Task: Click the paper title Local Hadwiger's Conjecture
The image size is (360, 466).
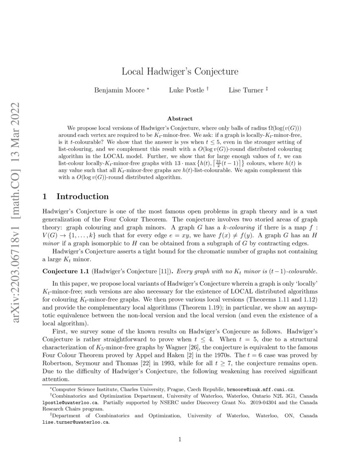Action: pos(180,71)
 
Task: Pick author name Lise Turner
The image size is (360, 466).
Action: pos(246,90)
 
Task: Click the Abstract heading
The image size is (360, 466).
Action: pos(180,119)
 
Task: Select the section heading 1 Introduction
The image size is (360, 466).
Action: pos(76,197)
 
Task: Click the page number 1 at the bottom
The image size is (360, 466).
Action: pos(180,439)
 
